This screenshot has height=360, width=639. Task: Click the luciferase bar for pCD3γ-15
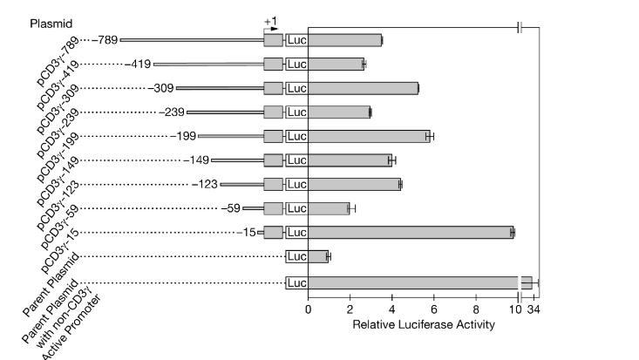(410, 232)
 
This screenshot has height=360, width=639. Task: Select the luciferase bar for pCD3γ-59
(328, 208)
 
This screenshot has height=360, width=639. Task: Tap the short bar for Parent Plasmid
(317, 256)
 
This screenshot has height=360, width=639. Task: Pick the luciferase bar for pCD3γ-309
(363, 88)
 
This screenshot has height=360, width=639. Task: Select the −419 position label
(139, 64)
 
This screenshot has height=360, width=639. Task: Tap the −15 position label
(248, 232)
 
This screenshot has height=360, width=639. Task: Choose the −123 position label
(205, 184)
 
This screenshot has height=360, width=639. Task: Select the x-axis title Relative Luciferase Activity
(424, 324)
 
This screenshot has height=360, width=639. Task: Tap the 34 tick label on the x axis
(534, 309)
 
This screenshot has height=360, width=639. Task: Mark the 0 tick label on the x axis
(308, 309)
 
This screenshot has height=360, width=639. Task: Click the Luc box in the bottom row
(296, 282)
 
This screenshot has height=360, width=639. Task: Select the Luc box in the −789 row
(296, 39)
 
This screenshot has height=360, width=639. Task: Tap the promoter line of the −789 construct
(192, 39)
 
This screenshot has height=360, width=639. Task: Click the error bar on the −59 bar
(352, 208)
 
